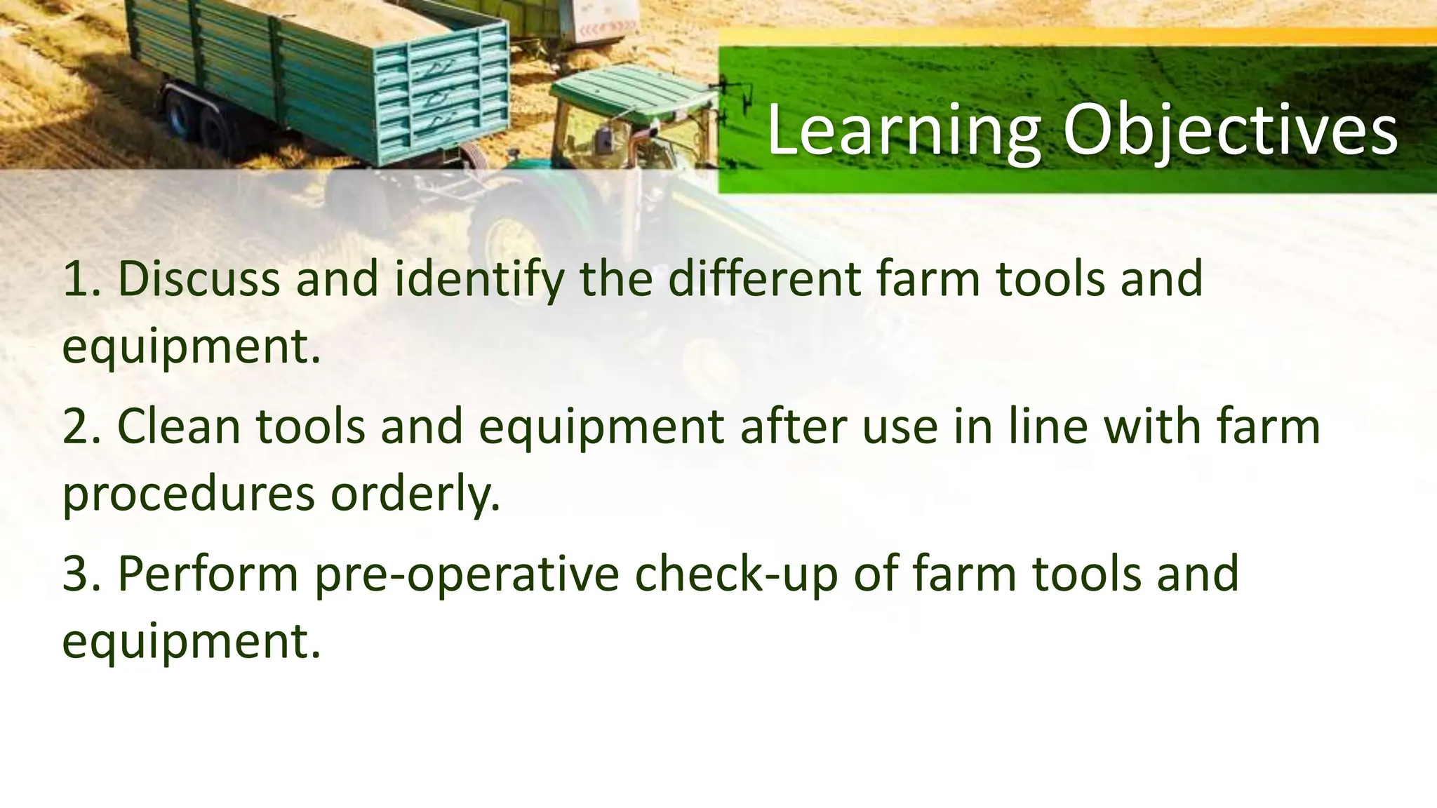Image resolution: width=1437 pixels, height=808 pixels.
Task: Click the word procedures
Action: point(188,495)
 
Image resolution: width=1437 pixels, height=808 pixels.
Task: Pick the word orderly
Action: point(415,495)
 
